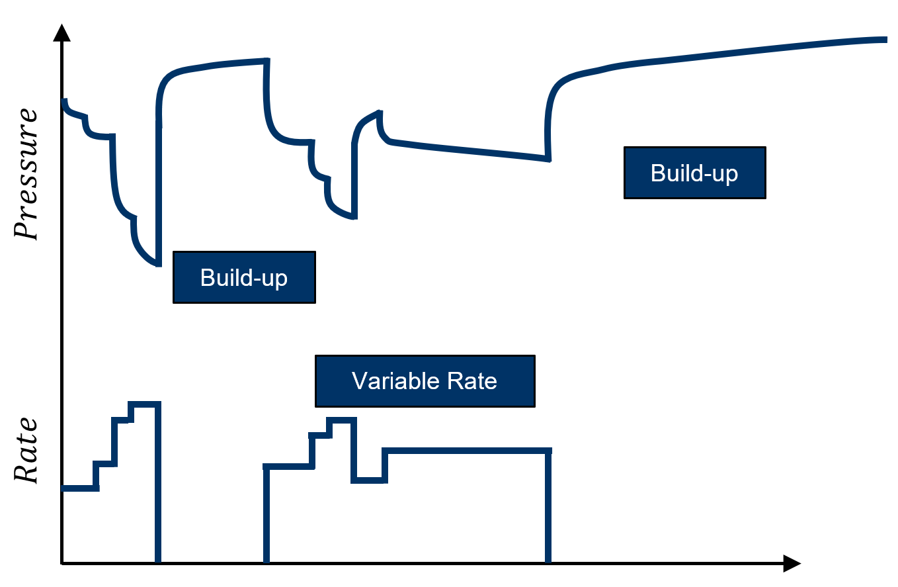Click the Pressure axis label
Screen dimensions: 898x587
click(x=26, y=174)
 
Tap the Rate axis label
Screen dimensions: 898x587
click(x=26, y=449)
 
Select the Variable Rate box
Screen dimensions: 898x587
click(x=425, y=381)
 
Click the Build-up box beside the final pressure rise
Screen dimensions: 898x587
click(x=695, y=173)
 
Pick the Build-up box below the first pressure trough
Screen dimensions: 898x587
click(x=244, y=277)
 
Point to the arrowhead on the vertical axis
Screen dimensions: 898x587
click(x=61, y=32)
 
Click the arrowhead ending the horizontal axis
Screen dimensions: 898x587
click(x=792, y=564)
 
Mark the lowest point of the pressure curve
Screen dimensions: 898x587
click(x=158, y=265)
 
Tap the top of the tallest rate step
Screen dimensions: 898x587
click(x=145, y=404)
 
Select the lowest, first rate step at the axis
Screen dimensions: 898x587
click(x=80, y=488)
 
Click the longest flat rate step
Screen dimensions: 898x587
click(x=467, y=451)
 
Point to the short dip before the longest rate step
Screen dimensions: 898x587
click(x=369, y=480)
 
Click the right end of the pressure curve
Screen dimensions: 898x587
click(x=886, y=39)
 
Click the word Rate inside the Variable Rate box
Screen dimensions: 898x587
click(x=472, y=381)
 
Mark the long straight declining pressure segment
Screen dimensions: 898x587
click(x=469, y=150)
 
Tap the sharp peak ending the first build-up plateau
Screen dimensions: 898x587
click(x=266, y=61)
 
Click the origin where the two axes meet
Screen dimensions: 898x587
click(x=61, y=564)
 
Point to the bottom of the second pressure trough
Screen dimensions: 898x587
click(x=354, y=217)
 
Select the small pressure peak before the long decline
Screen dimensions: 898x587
click(x=380, y=112)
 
